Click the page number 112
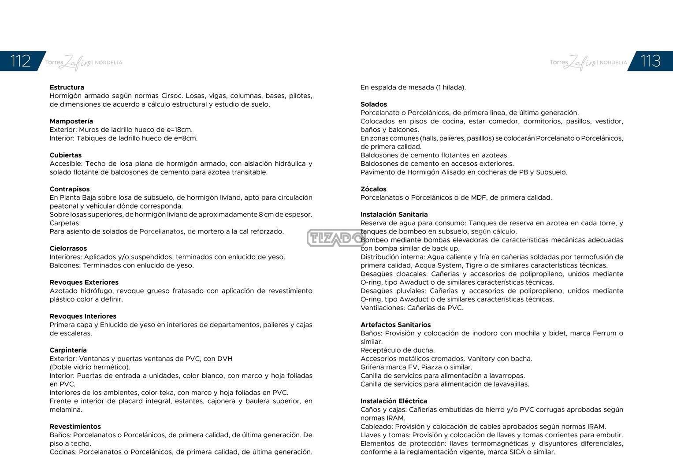(x=20, y=61)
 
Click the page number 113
(x=650, y=61)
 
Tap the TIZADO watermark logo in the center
(x=336, y=238)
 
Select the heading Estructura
(x=67, y=87)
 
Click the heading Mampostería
(x=71, y=121)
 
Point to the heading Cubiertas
(x=65, y=155)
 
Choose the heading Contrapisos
(x=69, y=189)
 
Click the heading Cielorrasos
(x=68, y=249)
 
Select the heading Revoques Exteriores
(x=84, y=283)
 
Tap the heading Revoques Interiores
(x=83, y=316)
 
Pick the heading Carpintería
(x=68, y=350)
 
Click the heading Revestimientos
(x=75, y=427)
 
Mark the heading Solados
(x=373, y=104)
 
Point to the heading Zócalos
(x=373, y=189)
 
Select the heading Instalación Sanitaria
(x=394, y=215)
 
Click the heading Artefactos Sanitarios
(x=395, y=325)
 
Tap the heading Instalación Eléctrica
(x=394, y=401)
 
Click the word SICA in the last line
(x=517, y=452)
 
